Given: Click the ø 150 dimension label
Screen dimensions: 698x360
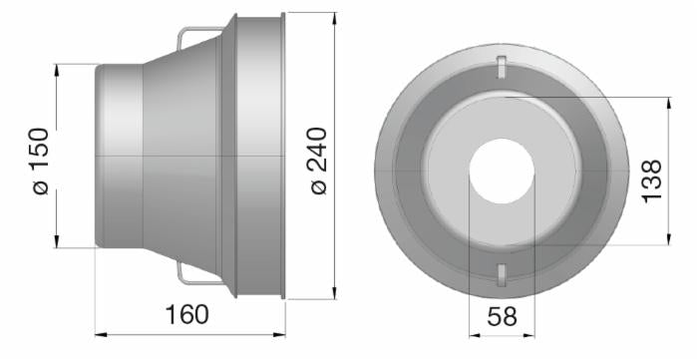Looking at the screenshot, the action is [x=41, y=162].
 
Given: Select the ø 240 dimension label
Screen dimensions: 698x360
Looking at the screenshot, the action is [x=318, y=161].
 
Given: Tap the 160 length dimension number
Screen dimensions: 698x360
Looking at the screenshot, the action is [x=186, y=314].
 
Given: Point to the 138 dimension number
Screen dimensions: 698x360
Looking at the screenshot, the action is [x=652, y=181].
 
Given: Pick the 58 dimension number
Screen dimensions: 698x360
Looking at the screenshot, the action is [x=503, y=317].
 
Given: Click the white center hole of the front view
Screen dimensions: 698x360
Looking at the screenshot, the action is [x=502, y=171].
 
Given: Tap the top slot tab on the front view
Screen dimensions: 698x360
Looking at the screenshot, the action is [x=502, y=67].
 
